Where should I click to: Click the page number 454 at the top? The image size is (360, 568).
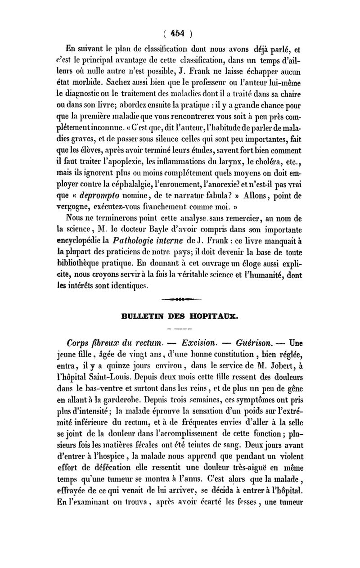pos(180,33)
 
